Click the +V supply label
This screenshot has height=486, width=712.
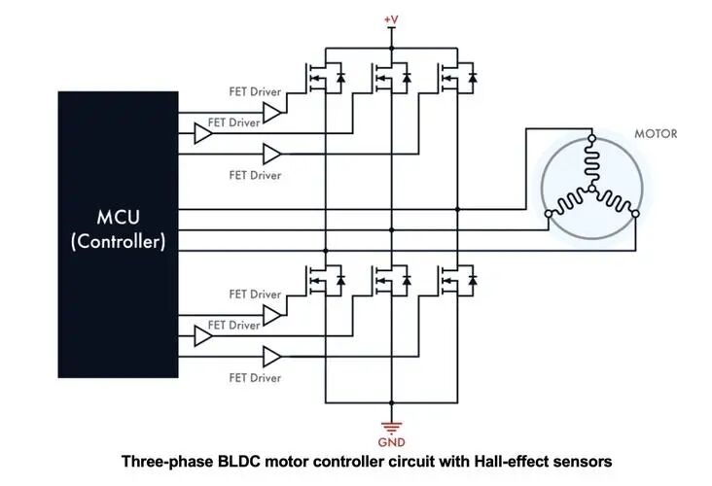click(x=391, y=20)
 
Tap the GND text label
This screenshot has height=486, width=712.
click(x=391, y=442)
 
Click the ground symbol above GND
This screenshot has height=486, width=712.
click(x=391, y=428)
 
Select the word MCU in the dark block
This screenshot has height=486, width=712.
click(x=118, y=218)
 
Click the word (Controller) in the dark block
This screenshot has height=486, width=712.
click(x=118, y=241)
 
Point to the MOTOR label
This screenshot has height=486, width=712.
click(x=656, y=134)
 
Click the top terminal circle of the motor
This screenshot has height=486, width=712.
click(x=591, y=138)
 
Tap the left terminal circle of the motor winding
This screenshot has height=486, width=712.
click(x=549, y=213)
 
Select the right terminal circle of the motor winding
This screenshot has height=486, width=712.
click(x=635, y=213)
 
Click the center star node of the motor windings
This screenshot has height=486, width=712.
click(x=591, y=189)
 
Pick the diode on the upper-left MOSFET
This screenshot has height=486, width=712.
click(x=340, y=78)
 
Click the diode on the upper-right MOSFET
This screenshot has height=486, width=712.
click(x=473, y=78)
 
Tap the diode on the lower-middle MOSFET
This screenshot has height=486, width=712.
click(x=407, y=280)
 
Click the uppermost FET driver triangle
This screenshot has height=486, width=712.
click(x=272, y=113)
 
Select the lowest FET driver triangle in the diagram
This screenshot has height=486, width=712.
click(x=272, y=357)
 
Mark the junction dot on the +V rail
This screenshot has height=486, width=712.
click(x=391, y=48)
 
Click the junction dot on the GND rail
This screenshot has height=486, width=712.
click(x=391, y=402)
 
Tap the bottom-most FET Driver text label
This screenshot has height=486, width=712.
click(x=255, y=377)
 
